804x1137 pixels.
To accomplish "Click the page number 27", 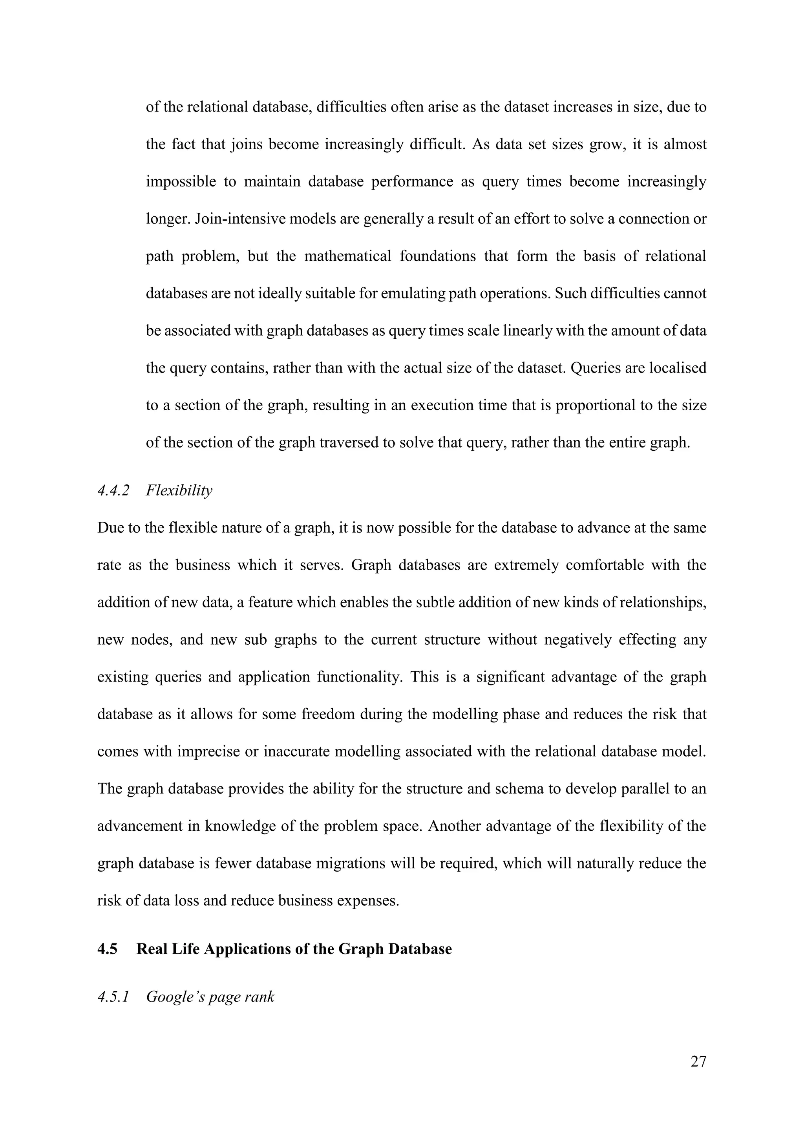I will [x=698, y=1061].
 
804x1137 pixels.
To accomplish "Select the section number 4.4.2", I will [x=113, y=491].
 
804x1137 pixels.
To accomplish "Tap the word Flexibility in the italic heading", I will [x=179, y=491].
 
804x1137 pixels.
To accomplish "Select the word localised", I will [x=677, y=368].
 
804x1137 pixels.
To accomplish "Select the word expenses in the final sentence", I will [x=368, y=900].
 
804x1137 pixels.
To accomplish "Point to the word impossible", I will [x=181, y=181].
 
